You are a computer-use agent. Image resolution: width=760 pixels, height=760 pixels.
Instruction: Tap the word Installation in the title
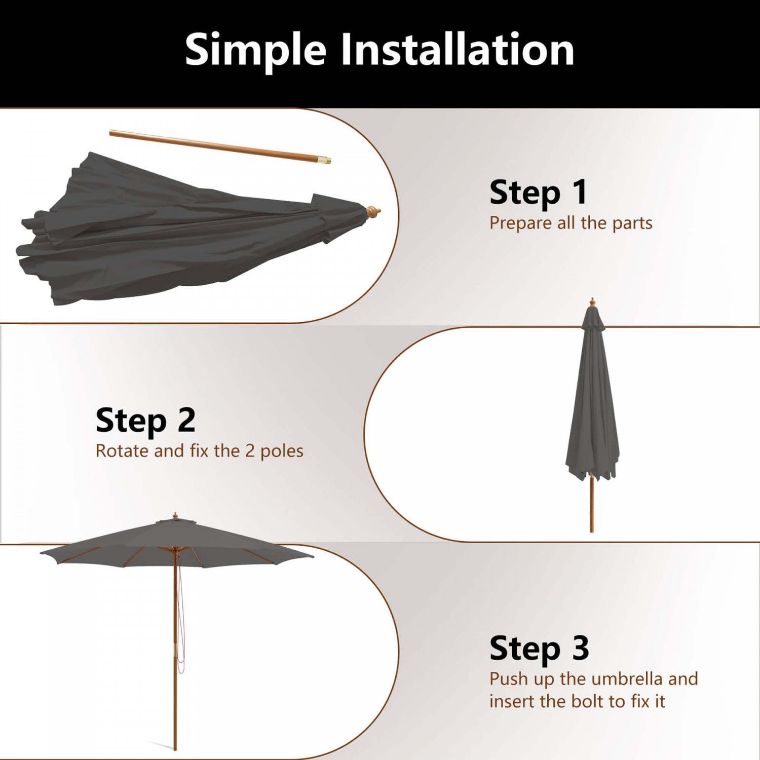457,49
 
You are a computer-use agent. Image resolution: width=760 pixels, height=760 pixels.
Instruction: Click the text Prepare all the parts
571,223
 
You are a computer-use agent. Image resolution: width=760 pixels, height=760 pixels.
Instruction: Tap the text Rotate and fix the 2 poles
199,451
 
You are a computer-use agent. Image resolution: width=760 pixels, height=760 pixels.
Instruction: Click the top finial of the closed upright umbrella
592,302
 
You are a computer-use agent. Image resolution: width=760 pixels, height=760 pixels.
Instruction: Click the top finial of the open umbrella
175,516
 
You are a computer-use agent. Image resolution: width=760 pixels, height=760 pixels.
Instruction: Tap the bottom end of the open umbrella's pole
175,749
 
